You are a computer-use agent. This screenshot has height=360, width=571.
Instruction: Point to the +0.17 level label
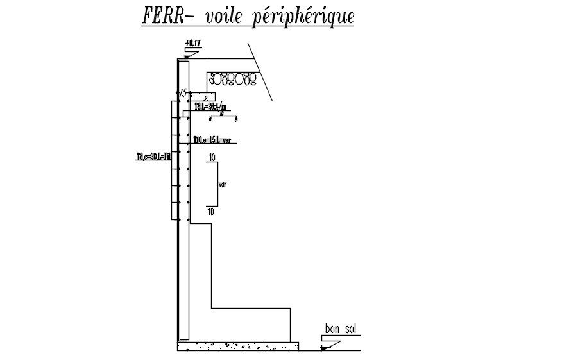(192, 44)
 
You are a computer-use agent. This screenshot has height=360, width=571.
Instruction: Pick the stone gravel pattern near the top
(232, 80)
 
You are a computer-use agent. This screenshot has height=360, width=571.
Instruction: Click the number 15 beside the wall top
(183, 93)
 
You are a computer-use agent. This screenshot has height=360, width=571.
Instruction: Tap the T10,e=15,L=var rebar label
(212, 140)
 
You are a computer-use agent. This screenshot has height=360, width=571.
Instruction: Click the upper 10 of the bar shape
(212, 157)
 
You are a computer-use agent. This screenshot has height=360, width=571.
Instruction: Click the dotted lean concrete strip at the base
(237, 347)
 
